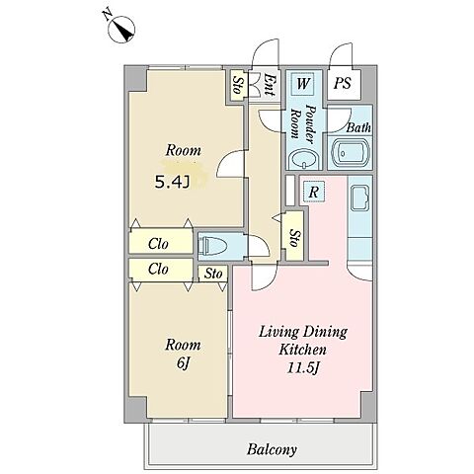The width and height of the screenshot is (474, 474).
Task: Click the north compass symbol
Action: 121,30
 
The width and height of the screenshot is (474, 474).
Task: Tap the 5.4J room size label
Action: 173,182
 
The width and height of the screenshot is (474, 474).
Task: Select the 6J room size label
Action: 184,362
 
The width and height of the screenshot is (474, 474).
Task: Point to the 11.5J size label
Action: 303,368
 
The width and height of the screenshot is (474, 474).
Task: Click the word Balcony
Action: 272,449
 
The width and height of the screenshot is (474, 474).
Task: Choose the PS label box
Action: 344,84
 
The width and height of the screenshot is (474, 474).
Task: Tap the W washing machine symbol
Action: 302,83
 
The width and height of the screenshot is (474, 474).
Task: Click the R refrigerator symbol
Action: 314,192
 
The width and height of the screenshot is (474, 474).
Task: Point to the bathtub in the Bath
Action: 351,154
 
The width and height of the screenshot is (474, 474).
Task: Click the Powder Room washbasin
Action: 303,160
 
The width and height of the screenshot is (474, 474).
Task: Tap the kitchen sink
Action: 360,197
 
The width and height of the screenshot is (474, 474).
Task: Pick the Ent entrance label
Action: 270,85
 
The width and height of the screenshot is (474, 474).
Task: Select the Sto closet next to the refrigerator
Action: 294,236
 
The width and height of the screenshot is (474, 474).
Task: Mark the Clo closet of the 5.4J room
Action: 161,241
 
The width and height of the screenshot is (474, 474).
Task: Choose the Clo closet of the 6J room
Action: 161,270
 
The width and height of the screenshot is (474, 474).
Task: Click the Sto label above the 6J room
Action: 213,274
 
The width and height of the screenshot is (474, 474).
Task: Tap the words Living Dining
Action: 303,332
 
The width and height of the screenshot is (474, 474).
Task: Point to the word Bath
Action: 358,127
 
